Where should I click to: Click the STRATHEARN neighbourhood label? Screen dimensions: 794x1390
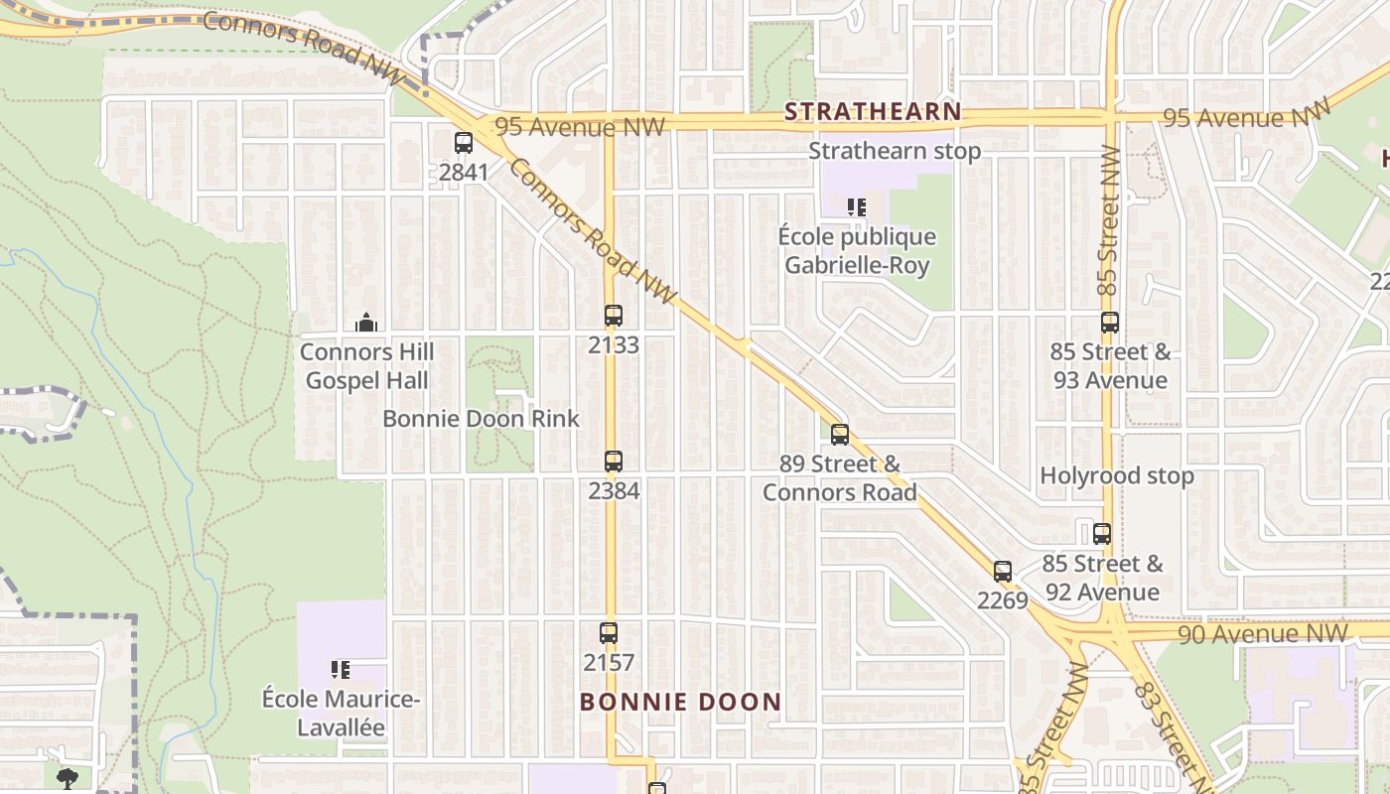873,111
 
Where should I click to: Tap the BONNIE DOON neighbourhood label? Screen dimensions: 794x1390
680,703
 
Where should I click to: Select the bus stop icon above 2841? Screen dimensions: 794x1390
464,143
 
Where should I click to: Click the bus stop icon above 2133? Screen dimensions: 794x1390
614,317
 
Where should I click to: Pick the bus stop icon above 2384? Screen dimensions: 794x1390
614,462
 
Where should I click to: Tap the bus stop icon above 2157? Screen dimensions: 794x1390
609,633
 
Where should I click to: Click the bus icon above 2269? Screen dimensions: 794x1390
1003,572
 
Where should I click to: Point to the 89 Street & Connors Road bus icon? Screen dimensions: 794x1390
840,435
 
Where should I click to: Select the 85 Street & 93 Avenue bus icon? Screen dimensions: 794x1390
1110,323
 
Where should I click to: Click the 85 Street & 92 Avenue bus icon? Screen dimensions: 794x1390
1102,534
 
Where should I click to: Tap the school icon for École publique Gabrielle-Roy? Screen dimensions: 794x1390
857,207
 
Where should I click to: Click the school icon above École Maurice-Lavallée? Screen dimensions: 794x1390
341,670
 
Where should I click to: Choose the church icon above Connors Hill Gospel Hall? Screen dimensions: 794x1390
366,323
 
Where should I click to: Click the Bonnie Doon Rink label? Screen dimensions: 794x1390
481,419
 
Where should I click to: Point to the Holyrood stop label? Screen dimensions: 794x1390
1117,475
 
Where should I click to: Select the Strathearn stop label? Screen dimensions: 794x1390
895,151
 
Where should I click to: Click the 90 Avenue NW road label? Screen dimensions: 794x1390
1264,633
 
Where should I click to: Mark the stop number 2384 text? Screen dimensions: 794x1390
614,490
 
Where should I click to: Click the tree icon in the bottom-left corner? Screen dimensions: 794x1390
67,777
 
